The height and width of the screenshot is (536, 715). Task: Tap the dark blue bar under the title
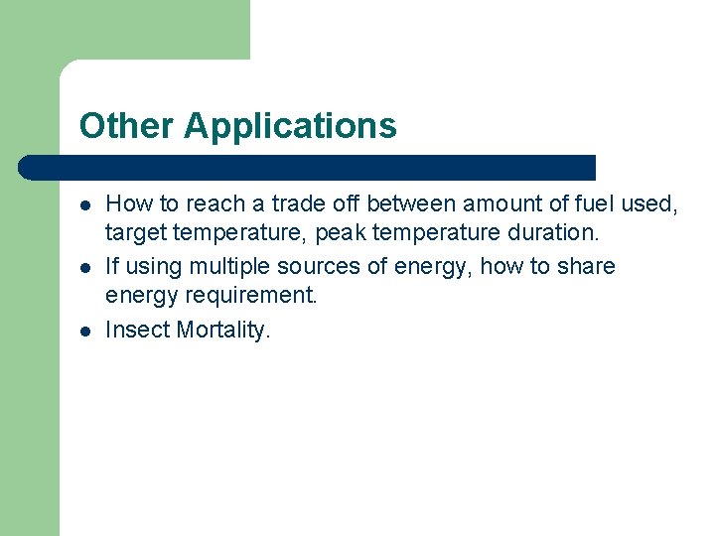click(x=308, y=167)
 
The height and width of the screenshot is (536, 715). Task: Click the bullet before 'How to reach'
click(x=86, y=204)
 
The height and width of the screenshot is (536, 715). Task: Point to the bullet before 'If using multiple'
click(x=86, y=268)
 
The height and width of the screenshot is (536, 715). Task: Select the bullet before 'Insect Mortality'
click(x=86, y=331)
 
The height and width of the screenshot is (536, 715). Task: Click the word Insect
click(x=137, y=331)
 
